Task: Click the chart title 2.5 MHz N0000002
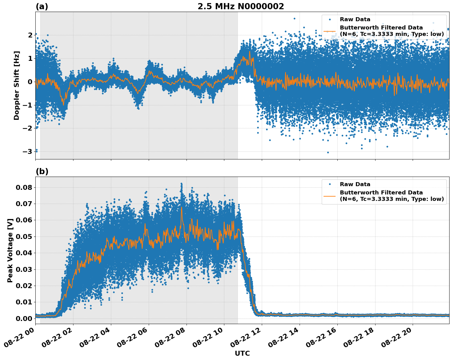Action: point(241,6)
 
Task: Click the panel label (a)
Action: point(42,6)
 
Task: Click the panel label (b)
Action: point(42,171)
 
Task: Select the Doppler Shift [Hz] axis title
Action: point(17,85)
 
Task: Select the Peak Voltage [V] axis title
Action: point(10,250)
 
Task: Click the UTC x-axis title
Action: point(242,353)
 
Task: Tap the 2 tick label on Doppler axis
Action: point(30,35)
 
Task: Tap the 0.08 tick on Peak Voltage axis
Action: point(26,187)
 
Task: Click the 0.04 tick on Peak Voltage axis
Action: point(26,253)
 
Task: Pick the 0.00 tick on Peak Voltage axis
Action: point(26,319)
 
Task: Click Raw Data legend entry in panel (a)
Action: point(355,19)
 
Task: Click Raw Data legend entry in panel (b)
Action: point(355,184)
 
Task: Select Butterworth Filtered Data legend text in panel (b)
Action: point(391,196)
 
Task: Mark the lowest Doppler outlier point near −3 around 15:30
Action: point(328,152)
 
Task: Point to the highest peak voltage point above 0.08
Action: point(181,184)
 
